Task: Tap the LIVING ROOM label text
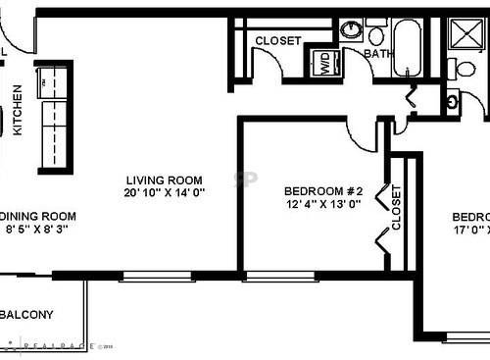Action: [164, 180]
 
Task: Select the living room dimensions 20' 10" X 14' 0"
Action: [164, 193]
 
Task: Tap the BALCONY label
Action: [27, 315]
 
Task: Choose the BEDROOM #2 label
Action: [323, 191]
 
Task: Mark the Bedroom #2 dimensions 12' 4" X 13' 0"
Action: [323, 205]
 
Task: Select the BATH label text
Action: [376, 55]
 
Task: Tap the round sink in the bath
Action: [350, 29]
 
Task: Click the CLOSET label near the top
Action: [277, 41]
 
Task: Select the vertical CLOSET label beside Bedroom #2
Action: [396, 207]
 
